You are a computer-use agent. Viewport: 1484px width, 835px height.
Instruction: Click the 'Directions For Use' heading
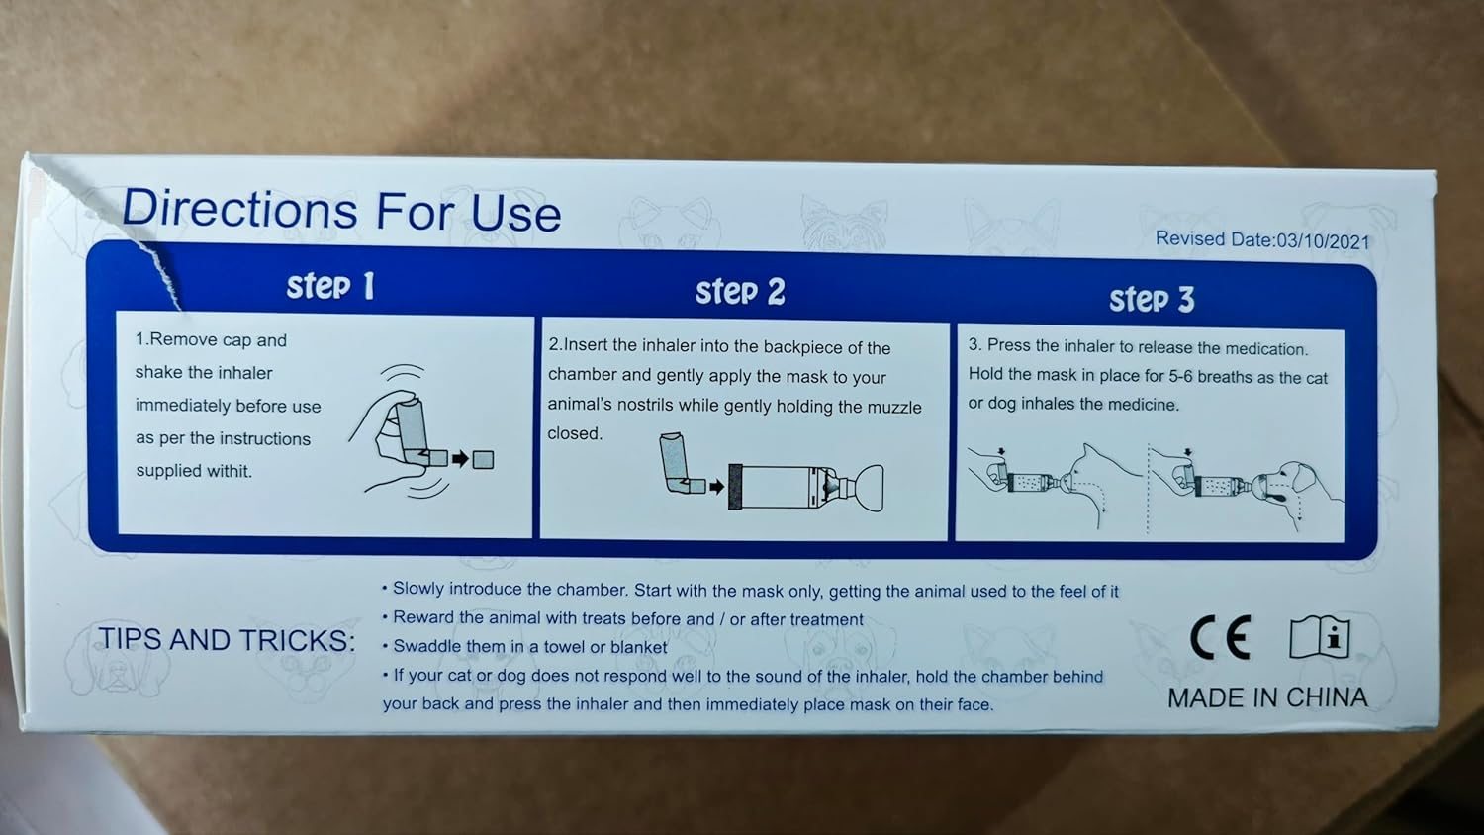pos(341,210)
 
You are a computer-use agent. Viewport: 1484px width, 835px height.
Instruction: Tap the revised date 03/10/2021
pos(1323,241)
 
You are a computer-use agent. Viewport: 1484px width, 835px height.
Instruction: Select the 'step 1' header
pos(330,286)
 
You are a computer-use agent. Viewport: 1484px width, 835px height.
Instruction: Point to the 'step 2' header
pos(740,292)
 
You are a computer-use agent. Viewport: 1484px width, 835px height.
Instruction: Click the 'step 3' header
pos(1153,299)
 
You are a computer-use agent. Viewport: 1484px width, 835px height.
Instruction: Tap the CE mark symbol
pos(1220,637)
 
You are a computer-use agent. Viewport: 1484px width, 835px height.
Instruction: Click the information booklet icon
pos(1319,637)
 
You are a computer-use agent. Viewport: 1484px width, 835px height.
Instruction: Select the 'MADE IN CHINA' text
pos(1267,697)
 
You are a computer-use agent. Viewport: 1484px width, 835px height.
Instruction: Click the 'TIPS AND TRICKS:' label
pos(227,640)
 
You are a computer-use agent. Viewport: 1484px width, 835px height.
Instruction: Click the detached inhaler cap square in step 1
pos(483,459)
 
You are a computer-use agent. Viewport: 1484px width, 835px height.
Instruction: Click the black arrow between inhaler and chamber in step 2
pos(717,487)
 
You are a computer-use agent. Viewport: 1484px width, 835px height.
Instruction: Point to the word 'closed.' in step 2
pos(575,433)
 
